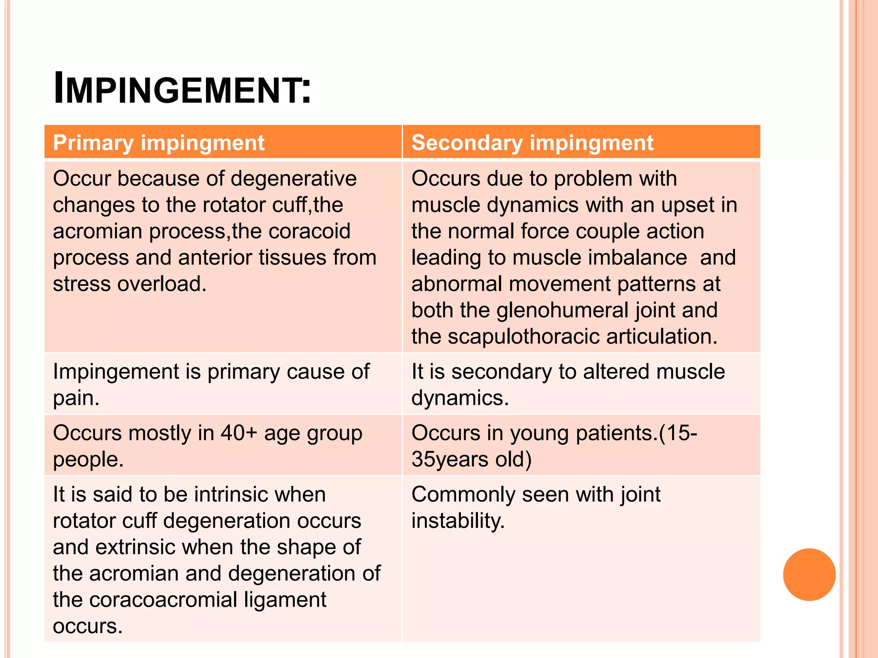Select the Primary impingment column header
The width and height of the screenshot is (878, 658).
159,143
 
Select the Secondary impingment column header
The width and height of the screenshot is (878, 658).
532,143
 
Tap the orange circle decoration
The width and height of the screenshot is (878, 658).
809,574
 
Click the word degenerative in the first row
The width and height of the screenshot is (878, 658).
293,179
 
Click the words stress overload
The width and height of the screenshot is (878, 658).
129,284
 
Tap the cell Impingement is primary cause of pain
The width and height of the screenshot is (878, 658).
211,384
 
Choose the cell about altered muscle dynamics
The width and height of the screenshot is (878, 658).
568,384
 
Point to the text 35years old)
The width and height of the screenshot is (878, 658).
472,460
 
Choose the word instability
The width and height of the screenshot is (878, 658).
458,521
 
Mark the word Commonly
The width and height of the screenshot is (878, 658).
463,495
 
